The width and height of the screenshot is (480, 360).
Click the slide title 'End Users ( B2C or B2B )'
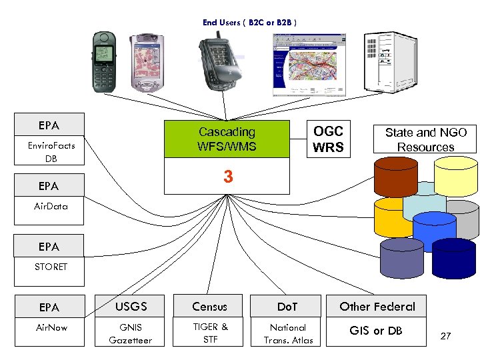(249, 23)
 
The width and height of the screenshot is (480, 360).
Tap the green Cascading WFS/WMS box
(227, 139)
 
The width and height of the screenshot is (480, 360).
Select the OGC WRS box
(328, 139)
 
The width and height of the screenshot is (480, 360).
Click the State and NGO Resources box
(425, 139)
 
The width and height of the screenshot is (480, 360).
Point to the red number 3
(228, 177)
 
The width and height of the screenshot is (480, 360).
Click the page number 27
(446, 337)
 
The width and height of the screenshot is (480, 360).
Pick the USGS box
(130, 307)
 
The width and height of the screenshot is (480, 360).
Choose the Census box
(209, 307)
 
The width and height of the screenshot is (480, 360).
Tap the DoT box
(287, 307)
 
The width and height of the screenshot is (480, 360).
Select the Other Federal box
(377, 307)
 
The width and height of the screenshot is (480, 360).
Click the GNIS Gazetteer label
(131, 334)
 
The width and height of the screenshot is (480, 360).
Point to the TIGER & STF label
(210, 334)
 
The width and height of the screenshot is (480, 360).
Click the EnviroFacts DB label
(51, 152)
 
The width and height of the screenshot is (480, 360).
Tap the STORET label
(51, 267)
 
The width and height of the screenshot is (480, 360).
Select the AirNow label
(51, 328)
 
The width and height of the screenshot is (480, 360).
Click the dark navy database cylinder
(454, 259)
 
